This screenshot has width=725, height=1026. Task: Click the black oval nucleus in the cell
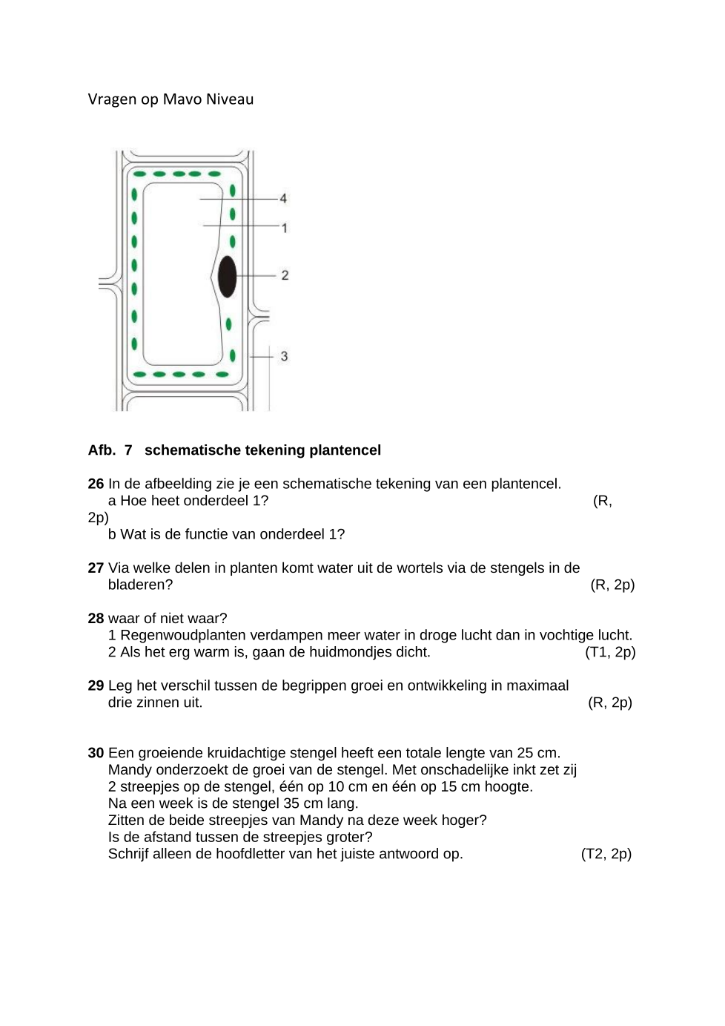tap(227, 276)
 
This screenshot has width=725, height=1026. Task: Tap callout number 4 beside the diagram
tap(283, 199)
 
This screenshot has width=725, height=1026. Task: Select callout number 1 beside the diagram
tap(284, 228)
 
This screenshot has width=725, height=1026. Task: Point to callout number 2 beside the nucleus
tap(285, 275)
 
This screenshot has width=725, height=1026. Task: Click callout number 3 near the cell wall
tap(284, 356)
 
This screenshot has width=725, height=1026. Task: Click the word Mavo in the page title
tap(182, 99)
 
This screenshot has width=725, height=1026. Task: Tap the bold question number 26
tap(96, 484)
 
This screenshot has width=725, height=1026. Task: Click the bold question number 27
tap(96, 568)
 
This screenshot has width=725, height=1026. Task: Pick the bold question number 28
tap(96, 619)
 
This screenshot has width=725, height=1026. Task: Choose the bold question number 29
tap(96, 685)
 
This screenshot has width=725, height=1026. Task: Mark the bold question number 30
tap(96, 753)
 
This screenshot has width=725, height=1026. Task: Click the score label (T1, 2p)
tap(610, 652)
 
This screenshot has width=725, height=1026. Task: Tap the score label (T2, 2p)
tap(606, 854)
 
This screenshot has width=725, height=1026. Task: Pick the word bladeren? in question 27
tap(140, 585)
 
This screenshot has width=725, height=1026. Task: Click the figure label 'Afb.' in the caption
tap(102, 450)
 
